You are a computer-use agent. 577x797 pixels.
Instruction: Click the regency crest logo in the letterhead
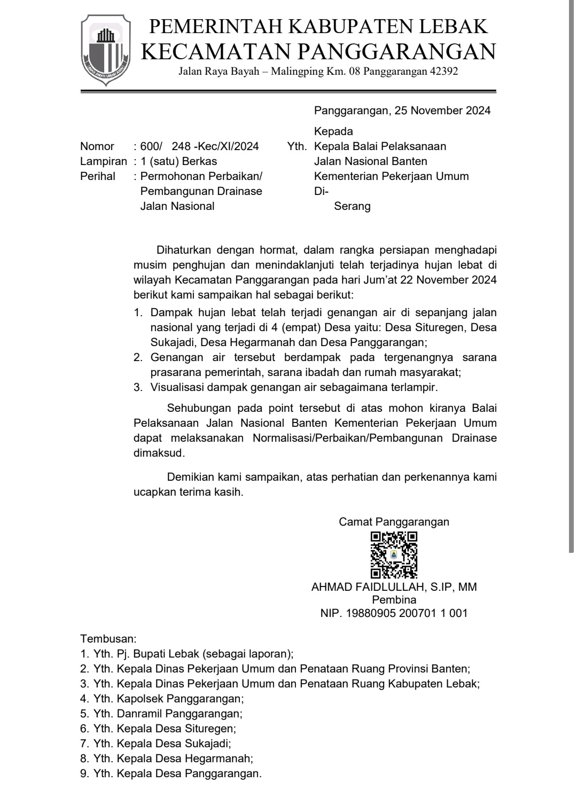106,50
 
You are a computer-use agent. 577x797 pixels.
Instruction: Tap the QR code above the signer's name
394,555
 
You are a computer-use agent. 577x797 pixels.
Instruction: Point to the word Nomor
97,146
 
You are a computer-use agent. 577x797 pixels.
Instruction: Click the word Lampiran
104,161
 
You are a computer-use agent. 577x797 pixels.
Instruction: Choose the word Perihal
98,176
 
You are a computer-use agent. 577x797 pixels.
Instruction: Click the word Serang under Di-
352,206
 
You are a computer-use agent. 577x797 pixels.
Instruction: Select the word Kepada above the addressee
333,131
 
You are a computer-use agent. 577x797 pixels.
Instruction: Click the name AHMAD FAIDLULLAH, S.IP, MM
394,587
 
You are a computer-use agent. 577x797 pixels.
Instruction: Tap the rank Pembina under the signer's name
394,600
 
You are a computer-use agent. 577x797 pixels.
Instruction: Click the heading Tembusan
108,638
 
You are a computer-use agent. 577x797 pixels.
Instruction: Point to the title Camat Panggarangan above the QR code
394,522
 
